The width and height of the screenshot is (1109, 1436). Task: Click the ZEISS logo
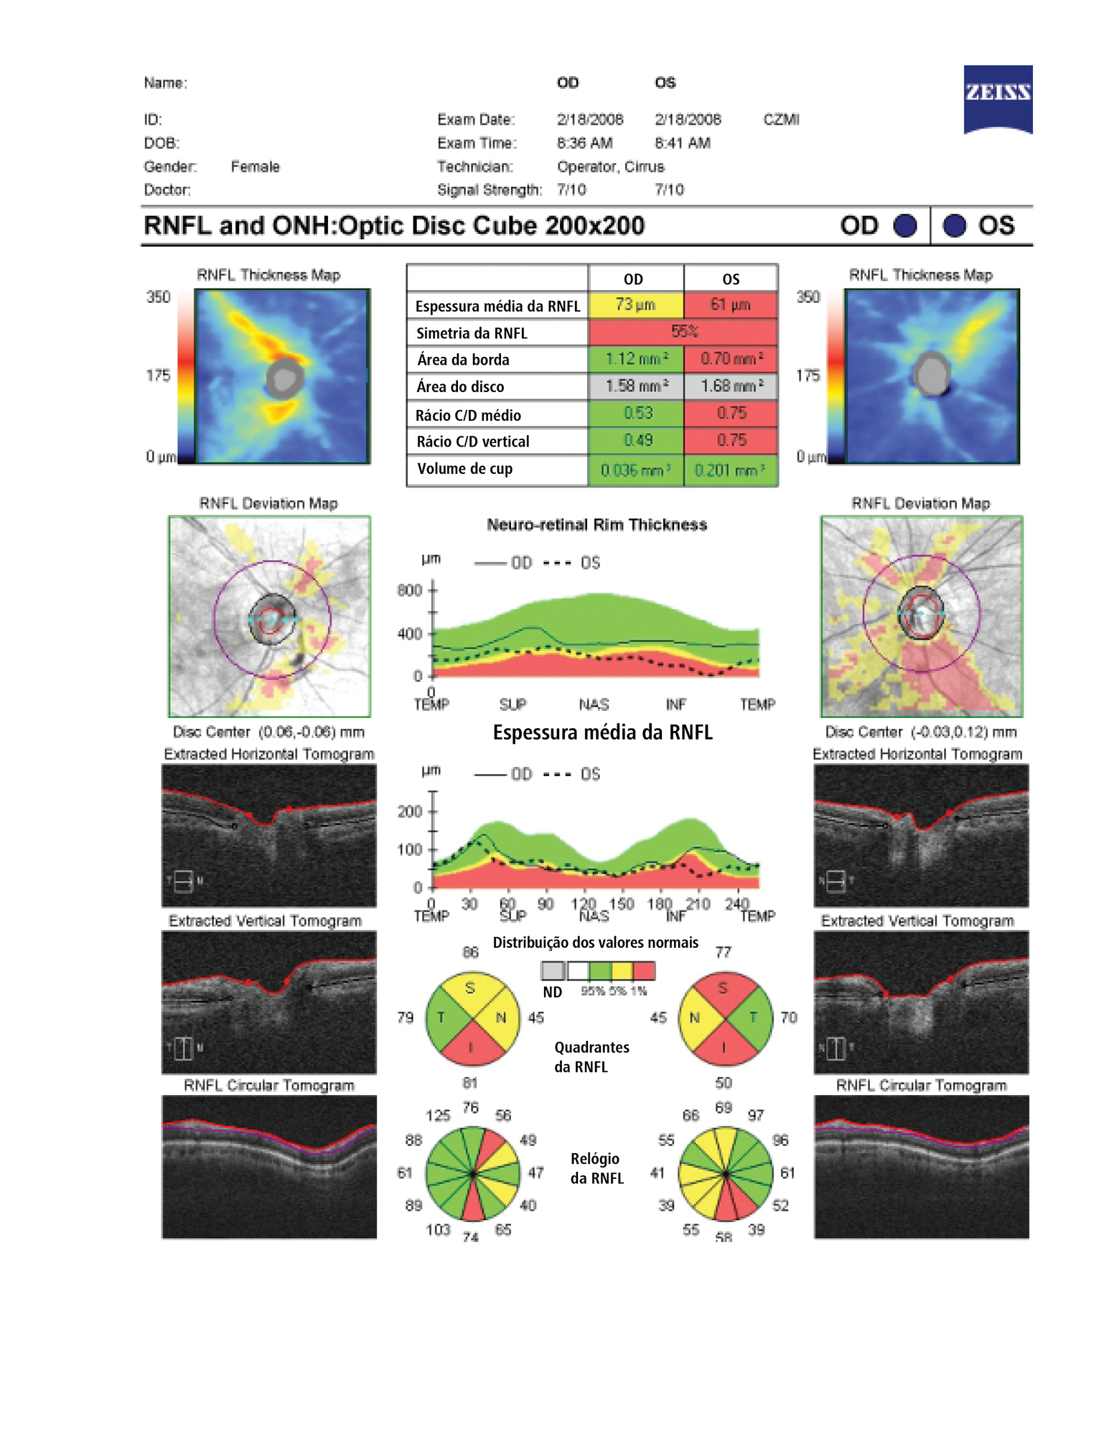pyautogui.click(x=997, y=98)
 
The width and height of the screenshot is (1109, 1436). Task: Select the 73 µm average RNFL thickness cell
pyautogui.click(x=635, y=304)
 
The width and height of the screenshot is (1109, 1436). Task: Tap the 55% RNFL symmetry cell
pyautogui.click(x=683, y=332)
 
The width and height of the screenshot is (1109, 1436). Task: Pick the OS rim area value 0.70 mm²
pyautogui.click(x=731, y=358)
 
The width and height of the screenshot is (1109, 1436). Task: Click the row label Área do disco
pyautogui.click(x=460, y=386)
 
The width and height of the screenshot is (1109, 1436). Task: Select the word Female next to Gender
pyautogui.click(x=255, y=167)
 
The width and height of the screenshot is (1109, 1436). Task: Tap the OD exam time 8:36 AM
pyautogui.click(x=584, y=143)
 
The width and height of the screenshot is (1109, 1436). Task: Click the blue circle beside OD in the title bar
pyautogui.click(x=904, y=225)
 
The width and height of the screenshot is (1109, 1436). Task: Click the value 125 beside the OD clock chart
pyautogui.click(x=438, y=1115)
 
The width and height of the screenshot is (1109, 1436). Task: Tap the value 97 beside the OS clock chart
pyautogui.click(x=756, y=1115)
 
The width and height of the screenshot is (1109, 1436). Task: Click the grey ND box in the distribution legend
pyautogui.click(x=553, y=971)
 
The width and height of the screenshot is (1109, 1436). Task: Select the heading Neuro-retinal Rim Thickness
pyautogui.click(x=596, y=525)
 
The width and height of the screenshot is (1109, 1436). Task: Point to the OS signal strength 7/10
pyautogui.click(x=669, y=190)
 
